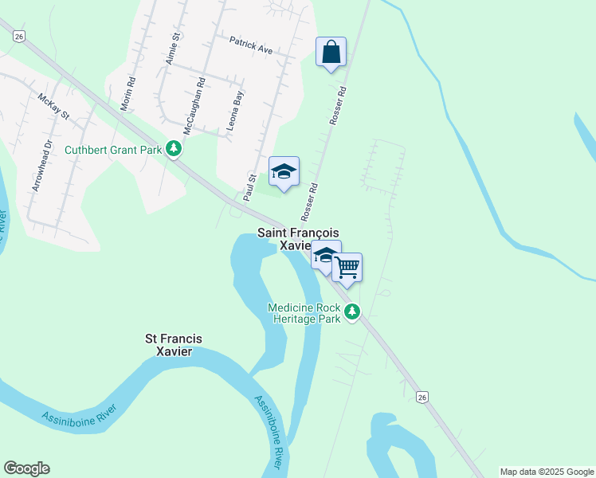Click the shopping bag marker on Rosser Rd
331,53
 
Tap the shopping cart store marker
347,268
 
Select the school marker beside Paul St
284,172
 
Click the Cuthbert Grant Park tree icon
174,149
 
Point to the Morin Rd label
131,72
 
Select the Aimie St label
170,48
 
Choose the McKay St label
54,106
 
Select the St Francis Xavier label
173,345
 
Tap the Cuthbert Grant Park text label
112,149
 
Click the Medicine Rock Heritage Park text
304,313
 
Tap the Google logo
26,468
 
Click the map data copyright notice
546,472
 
